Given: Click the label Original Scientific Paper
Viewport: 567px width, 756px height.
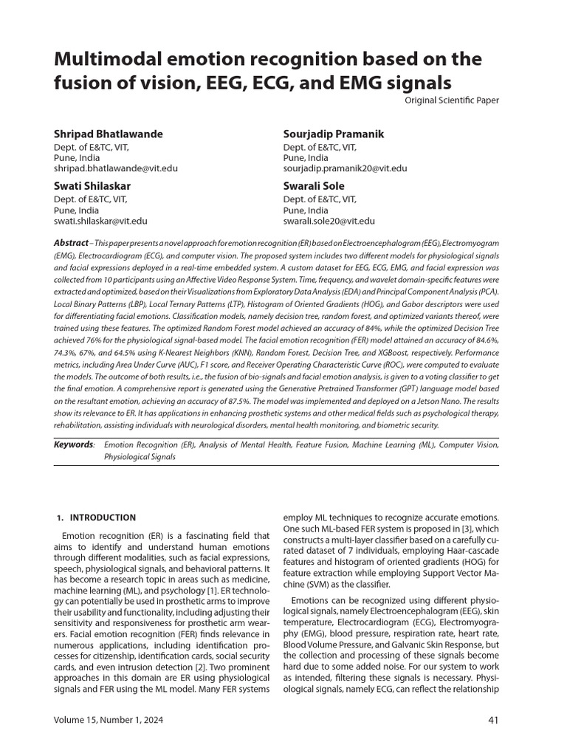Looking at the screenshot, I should point(452,100).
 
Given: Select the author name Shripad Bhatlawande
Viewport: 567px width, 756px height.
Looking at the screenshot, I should point(109,134).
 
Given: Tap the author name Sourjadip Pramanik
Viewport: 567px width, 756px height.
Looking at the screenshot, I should point(334,134).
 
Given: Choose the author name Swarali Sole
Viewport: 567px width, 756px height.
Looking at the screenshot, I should point(314,186).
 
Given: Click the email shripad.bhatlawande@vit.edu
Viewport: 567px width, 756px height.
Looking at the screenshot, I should point(116,168).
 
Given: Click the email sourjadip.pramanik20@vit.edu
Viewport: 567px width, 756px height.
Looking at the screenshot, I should point(346,168).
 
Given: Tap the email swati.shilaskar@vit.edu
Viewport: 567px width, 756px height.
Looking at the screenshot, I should point(100,221).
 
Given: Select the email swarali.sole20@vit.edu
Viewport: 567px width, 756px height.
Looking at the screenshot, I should point(329,221).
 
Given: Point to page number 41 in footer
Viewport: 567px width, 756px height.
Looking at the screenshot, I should point(494,720).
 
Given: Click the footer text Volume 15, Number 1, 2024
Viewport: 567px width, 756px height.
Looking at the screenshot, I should point(109,720).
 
